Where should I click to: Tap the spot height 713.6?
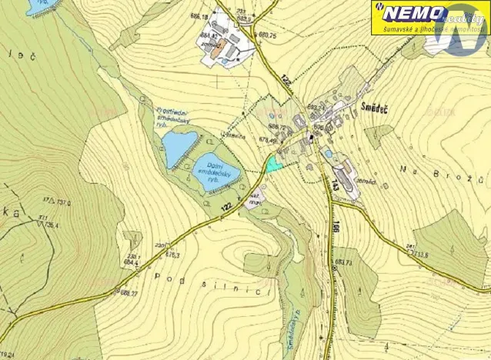point(420,252)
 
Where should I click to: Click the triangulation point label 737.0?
point(60,203)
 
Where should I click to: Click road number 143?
point(334,185)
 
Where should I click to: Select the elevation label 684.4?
point(130,263)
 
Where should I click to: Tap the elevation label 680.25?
point(267,35)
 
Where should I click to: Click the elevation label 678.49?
point(267,139)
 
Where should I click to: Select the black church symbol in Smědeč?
point(311,137)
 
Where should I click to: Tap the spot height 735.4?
point(52,225)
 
